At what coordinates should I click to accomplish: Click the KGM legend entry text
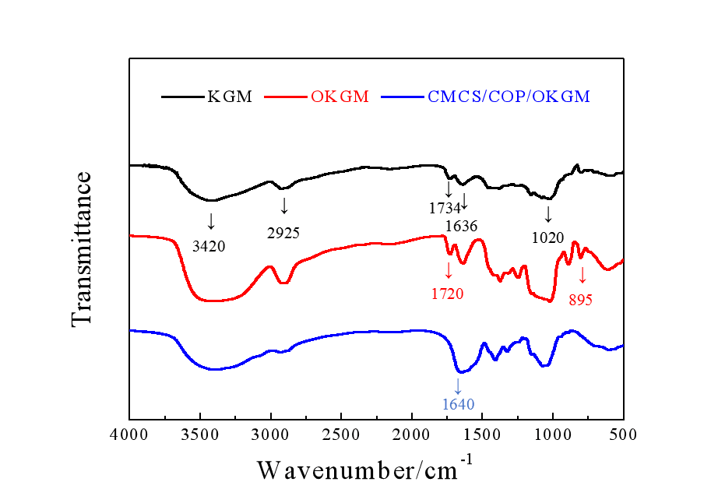point(230,97)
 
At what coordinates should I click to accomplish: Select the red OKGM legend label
point(340,97)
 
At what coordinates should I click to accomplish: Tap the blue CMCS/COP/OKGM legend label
point(509,97)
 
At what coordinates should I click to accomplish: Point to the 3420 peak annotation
point(209,247)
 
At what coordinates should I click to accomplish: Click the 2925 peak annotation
point(283,232)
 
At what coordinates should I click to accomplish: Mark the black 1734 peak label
point(445,208)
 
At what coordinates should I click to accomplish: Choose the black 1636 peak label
point(461,226)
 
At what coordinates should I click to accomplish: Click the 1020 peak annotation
point(548,237)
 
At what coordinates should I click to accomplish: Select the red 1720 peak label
point(447,294)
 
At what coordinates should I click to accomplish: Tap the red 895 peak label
point(581,299)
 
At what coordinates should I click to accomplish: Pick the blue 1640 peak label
point(458,403)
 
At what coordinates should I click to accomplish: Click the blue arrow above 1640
point(458,385)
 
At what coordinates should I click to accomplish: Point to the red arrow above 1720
point(448,271)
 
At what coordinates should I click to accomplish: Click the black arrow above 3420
point(210,220)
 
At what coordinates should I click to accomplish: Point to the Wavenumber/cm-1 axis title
point(364,470)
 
